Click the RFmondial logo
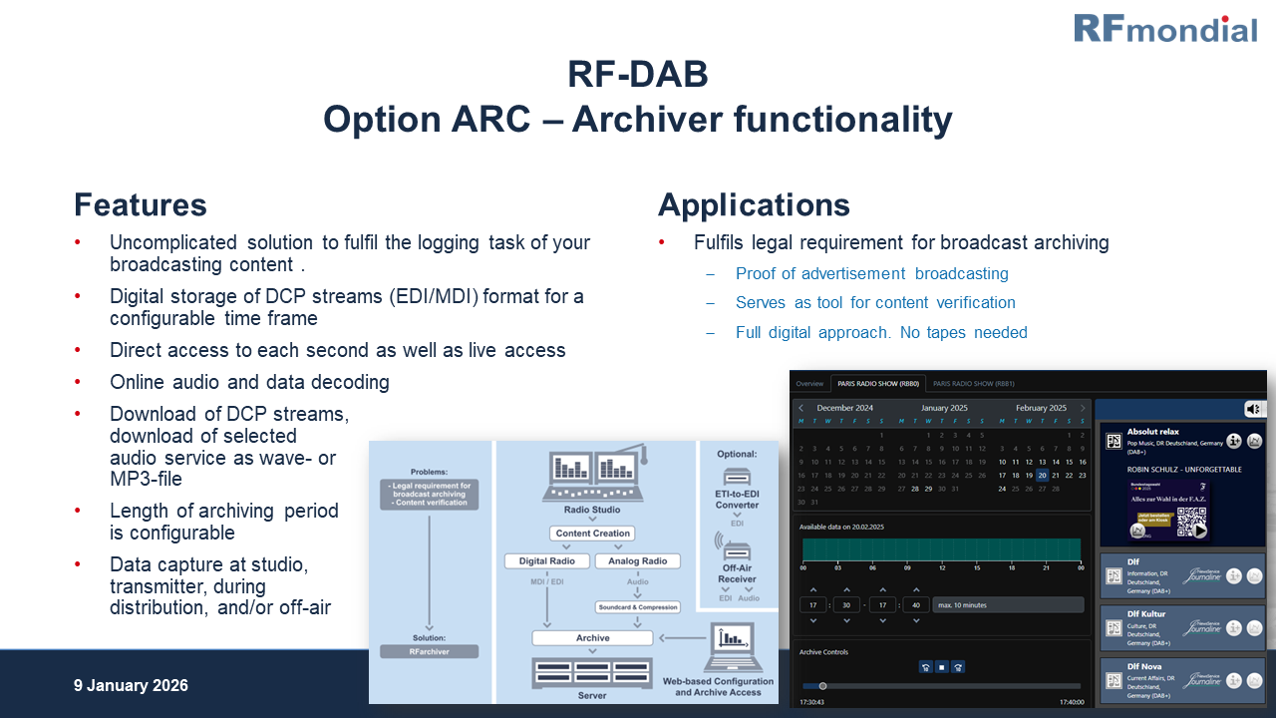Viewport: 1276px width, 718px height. pos(1164,28)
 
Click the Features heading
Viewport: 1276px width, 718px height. pos(141,205)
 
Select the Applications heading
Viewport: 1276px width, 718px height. pos(754,205)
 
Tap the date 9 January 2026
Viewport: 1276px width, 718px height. pos(131,686)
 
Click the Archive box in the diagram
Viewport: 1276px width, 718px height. pos(592,638)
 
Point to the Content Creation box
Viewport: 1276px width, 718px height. pos(593,534)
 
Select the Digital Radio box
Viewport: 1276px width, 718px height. pos(547,561)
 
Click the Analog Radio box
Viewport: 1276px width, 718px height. pos(638,561)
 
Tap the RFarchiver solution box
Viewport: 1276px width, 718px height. pos(430,651)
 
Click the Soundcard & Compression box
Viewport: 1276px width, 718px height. pos(638,606)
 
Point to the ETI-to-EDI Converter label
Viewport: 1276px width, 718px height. pos(737,499)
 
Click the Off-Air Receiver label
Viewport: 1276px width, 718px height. pos(737,572)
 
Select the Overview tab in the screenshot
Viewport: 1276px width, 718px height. pos(809,384)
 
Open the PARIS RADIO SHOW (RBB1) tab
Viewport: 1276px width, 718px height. pos(974,384)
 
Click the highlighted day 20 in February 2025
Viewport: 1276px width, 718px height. pos(1042,476)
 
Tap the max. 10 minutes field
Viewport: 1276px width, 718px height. pos(1008,604)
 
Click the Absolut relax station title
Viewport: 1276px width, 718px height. pos(1153,433)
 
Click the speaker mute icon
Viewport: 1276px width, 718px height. pos(1253,409)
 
